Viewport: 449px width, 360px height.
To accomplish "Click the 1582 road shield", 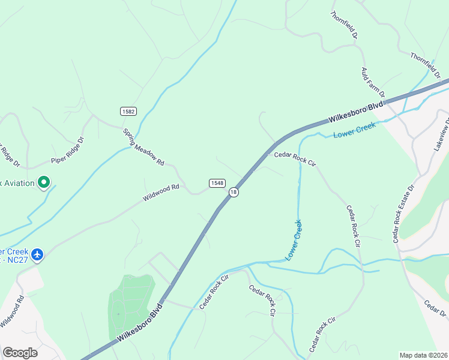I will pyautogui.click(x=128, y=111).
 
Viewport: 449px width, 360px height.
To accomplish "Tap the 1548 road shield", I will pyautogui.click(x=217, y=182).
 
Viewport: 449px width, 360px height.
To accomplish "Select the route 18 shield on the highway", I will pyautogui.click(x=234, y=192).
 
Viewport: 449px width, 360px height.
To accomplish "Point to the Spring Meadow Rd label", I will pyautogui.click(x=143, y=147).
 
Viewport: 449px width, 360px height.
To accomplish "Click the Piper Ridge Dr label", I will pyautogui.click(x=68, y=151).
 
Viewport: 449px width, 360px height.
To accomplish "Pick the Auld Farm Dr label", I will pyautogui.click(x=372, y=82).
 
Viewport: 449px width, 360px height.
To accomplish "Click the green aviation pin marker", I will pyautogui.click(x=43, y=182).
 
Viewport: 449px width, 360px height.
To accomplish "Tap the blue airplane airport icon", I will pyautogui.click(x=38, y=255).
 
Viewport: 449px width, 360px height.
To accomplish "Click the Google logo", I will pyautogui.click(x=20, y=353).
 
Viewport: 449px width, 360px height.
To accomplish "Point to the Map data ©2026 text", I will pyautogui.click(x=423, y=355).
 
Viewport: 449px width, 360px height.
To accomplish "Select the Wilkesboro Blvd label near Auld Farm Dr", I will pyautogui.click(x=355, y=113).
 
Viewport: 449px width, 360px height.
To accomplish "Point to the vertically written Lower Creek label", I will pyautogui.click(x=294, y=239).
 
